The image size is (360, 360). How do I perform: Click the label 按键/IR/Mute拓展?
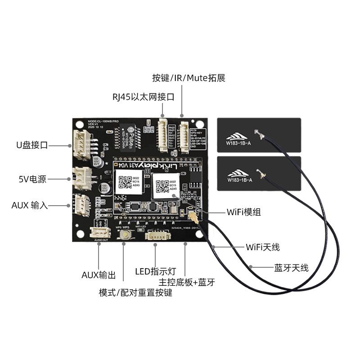point(189,78)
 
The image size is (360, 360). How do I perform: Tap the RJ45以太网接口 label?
point(143,97)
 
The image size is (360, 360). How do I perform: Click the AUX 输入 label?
point(29,206)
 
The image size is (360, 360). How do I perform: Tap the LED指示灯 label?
point(156,271)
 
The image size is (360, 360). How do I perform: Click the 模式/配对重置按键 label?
point(135,292)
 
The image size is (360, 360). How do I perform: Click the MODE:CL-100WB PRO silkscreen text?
point(103,121)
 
